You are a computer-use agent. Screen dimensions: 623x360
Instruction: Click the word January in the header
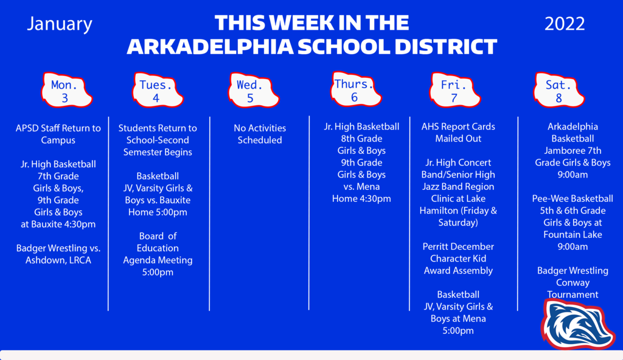coord(60,24)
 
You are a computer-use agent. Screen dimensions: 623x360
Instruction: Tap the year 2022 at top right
coord(565,24)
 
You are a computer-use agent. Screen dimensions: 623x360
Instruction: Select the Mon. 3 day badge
coord(66,90)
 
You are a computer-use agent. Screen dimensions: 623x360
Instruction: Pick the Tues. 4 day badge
coord(158,90)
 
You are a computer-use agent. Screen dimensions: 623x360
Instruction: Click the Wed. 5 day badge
coord(254,90)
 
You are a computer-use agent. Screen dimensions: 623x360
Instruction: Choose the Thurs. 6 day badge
coord(355,89)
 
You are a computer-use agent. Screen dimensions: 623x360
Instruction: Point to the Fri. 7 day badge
coord(454,90)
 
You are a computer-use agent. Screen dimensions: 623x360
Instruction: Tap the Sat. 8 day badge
coord(559,90)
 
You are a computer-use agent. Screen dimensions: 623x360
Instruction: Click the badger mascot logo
coord(577,325)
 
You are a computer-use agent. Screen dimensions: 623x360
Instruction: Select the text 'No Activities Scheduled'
coord(260,134)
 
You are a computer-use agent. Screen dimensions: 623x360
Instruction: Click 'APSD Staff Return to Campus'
coord(58,134)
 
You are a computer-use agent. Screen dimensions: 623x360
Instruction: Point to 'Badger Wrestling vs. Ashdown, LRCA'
coord(58,254)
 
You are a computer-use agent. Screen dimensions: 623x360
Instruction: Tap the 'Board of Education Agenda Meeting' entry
coord(158,248)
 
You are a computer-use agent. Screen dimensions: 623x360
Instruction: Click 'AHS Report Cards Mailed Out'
coord(458,133)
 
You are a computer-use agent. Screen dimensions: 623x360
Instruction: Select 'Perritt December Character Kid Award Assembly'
coord(458,258)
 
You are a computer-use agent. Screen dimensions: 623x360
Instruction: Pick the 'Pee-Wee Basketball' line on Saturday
coord(573,199)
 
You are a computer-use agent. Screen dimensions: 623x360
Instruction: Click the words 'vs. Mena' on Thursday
coord(361,186)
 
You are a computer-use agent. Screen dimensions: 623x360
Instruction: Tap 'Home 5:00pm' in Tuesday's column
coord(158,212)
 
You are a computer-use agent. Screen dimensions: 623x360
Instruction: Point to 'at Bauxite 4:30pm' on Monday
coord(58,224)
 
